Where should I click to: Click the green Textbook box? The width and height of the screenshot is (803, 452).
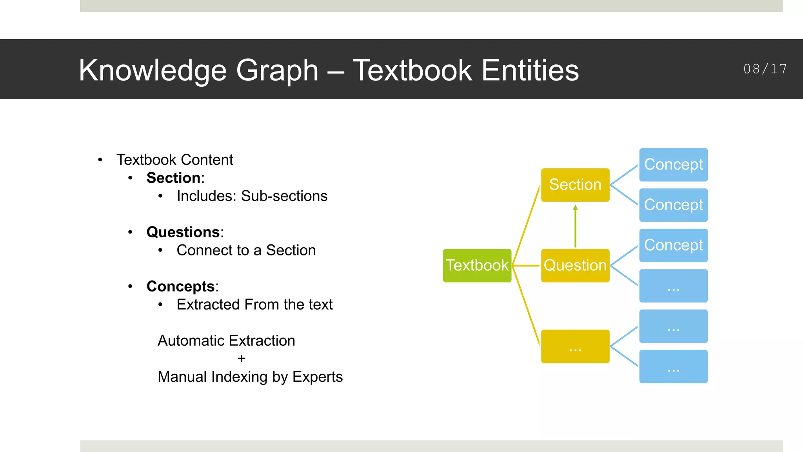pyautogui.click(x=477, y=266)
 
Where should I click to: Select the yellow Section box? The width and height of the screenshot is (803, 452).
pyautogui.click(x=575, y=185)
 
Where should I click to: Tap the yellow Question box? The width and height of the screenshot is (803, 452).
pyautogui.click(x=575, y=266)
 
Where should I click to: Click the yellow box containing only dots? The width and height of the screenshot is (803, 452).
pyautogui.click(x=575, y=346)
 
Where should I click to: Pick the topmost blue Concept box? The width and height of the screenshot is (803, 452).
pyautogui.click(x=673, y=165)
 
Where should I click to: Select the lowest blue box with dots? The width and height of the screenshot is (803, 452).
pyautogui.click(x=673, y=366)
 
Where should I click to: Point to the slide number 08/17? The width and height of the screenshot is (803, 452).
pyautogui.click(x=765, y=69)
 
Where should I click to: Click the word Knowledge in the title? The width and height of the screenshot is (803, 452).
pyautogui.click(x=153, y=70)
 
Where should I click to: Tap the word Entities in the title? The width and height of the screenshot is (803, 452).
pyautogui.click(x=530, y=70)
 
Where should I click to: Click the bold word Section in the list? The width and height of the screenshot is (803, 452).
pyautogui.click(x=173, y=178)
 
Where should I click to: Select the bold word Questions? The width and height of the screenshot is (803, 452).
pyautogui.click(x=183, y=232)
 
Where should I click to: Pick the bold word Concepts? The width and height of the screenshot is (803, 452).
pyautogui.click(x=180, y=286)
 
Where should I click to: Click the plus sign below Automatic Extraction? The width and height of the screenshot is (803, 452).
pyautogui.click(x=242, y=359)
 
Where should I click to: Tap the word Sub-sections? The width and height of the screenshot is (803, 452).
pyautogui.click(x=284, y=196)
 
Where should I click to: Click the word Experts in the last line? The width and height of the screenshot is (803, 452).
pyautogui.click(x=317, y=377)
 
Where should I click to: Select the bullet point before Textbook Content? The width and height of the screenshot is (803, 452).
pyautogui.click(x=100, y=160)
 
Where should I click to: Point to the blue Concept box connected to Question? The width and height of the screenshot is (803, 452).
pyautogui.click(x=673, y=246)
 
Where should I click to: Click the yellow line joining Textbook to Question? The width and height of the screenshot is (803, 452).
pyautogui.click(x=526, y=266)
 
